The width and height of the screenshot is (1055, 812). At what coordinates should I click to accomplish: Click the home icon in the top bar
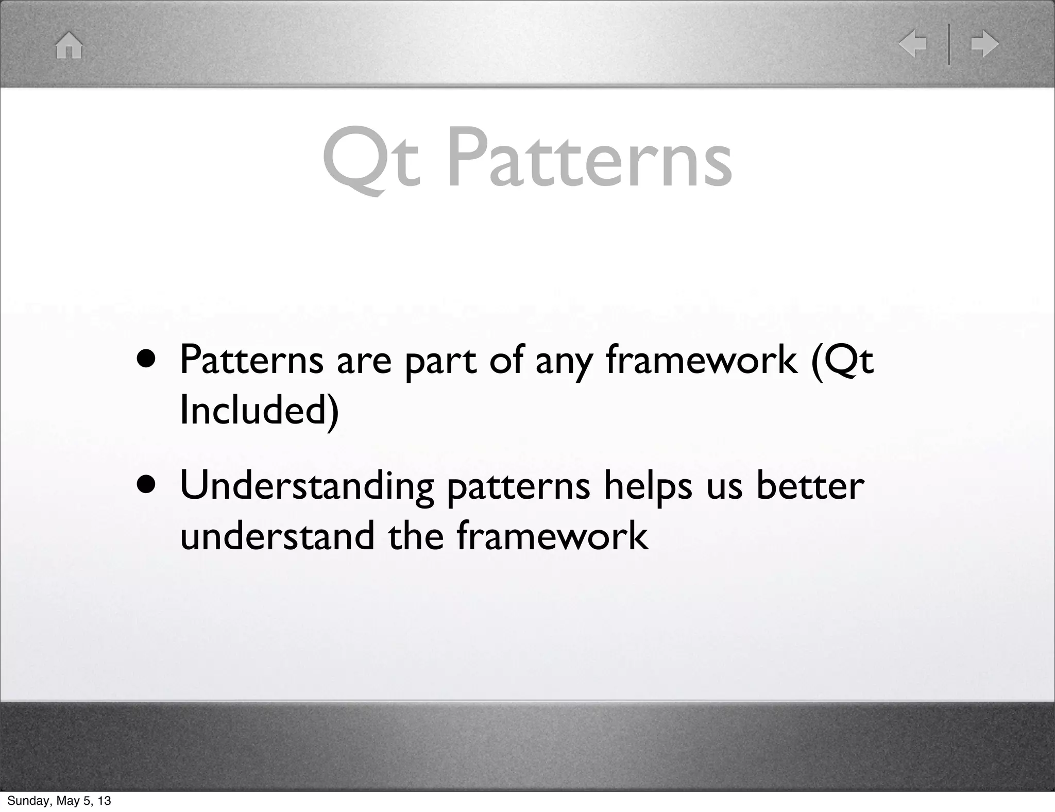(x=69, y=46)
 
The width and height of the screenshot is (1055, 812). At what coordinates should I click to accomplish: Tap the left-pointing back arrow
(x=913, y=44)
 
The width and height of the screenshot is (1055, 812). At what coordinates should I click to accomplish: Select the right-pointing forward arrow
(x=984, y=44)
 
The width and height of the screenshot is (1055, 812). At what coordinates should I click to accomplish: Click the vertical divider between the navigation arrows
(x=949, y=44)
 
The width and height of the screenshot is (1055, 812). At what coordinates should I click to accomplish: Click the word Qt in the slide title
(x=371, y=160)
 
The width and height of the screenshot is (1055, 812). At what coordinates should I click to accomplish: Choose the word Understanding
(x=307, y=487)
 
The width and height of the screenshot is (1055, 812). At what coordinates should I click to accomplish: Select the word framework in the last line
(x=552, y=536)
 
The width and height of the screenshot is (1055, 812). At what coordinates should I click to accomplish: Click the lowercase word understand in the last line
(x=277, y=536)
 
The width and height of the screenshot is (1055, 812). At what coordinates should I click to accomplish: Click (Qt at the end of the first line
(x=842, y=360)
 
